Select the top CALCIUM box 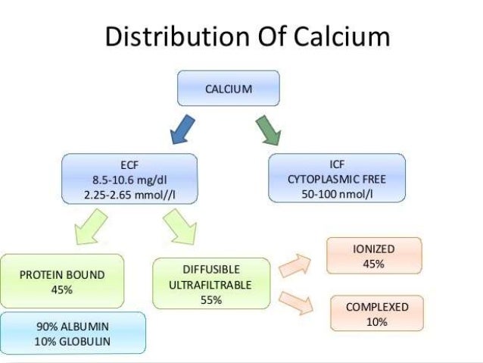[229, 88]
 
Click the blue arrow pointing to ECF [181, 129]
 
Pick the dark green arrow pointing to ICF [270, 128]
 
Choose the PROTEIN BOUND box [62, 280]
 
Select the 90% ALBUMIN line [73, 327]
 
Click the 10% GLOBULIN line [73, 341]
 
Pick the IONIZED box [373, 256]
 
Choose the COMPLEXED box [376, 314]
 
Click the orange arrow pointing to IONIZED [295, 264]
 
